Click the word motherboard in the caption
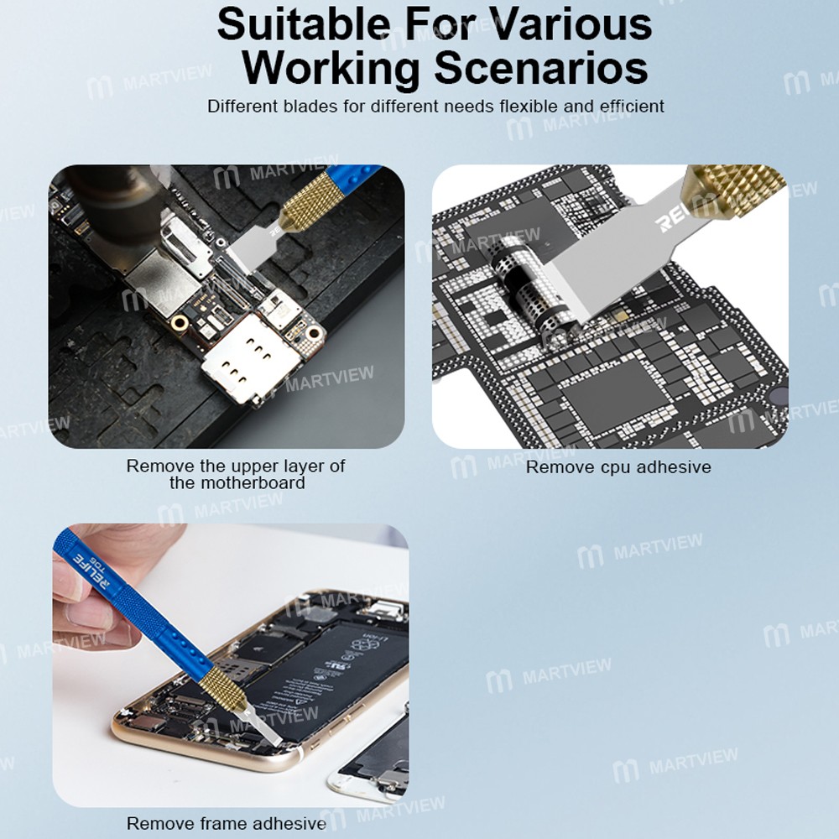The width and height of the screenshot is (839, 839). (x=237, y=482)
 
